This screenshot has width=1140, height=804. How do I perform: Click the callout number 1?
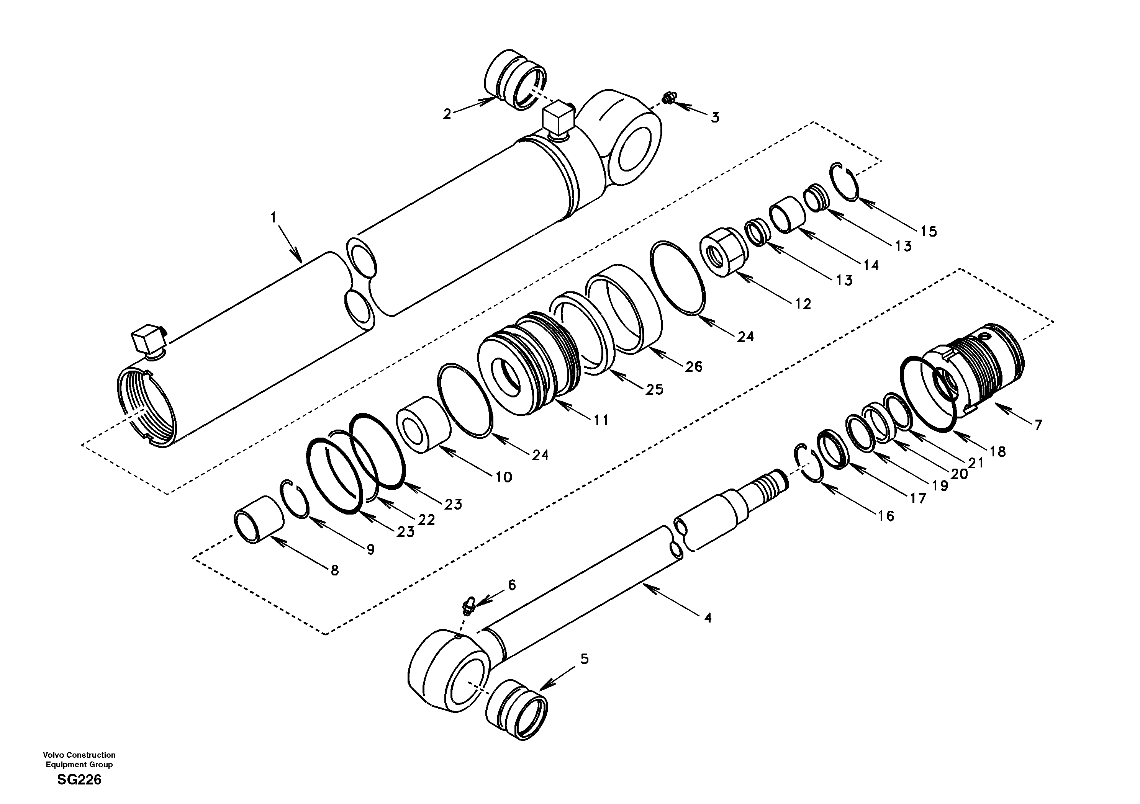(x=273, y=217)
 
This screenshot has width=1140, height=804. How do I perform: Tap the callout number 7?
(x=1038, y=425)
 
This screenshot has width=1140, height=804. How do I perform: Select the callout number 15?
(x=929, y=231)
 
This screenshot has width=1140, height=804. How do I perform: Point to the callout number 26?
(x=694, y=366)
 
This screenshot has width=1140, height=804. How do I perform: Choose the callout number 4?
(x=708, y=618)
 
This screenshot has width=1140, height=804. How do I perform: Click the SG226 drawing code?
(x=79, y=779)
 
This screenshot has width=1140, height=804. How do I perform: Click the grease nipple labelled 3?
(x=668, y=101)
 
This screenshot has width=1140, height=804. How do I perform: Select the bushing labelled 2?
(x=514, y=79)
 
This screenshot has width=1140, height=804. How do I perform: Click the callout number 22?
(x=426, y=520)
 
